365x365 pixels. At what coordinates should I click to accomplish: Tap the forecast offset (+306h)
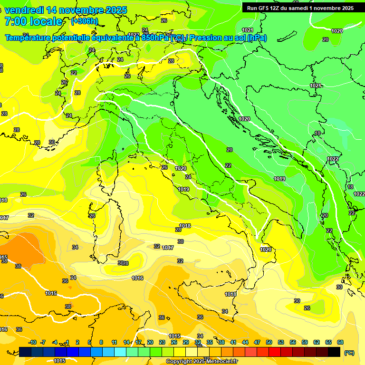click(x=85, y=21)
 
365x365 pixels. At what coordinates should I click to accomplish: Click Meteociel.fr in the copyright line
click(x=221, y=362)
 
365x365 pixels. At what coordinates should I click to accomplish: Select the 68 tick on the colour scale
click(x=340, y=342)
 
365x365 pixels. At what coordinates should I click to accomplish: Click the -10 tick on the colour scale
click(x=32, y=342)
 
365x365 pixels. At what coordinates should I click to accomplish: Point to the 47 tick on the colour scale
click(x=257, y=342)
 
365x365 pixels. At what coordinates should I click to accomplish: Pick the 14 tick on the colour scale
click(x=126, y=342)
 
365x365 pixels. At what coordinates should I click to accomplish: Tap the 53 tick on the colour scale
click(x=281, y=342)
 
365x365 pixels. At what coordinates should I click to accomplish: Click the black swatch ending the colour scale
click(x=334, y=352)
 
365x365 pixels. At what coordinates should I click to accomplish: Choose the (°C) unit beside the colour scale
click(x=349, y=352)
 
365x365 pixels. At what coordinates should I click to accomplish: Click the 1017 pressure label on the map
click(x=168, y=248)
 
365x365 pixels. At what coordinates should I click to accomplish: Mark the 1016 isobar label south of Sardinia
click(x=137, y=278)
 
